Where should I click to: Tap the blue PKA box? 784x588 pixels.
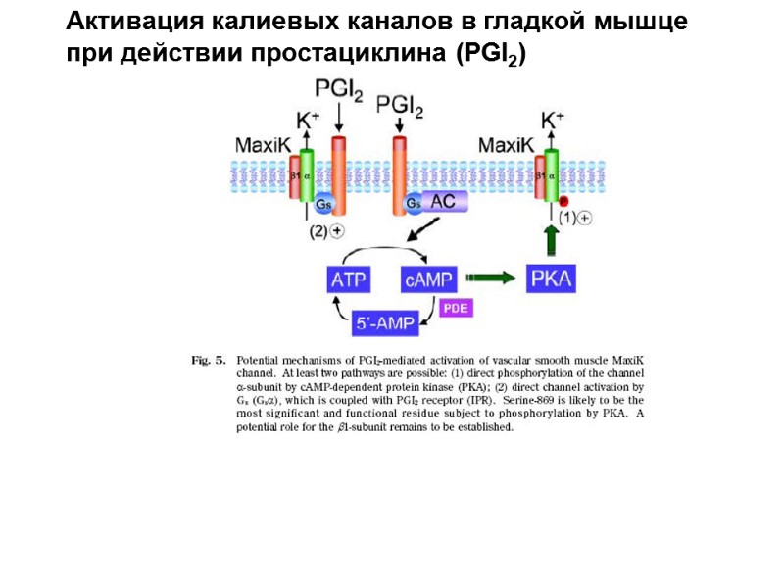[553, 279]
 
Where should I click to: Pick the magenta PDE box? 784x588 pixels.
[456, 308]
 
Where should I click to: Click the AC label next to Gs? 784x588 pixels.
[445, 202]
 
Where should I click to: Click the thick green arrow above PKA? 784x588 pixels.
[552, 239]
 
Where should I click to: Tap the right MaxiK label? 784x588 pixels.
[506, 145]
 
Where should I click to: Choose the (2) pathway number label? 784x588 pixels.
[318, 231]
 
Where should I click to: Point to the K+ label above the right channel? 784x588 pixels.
[553, 121]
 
